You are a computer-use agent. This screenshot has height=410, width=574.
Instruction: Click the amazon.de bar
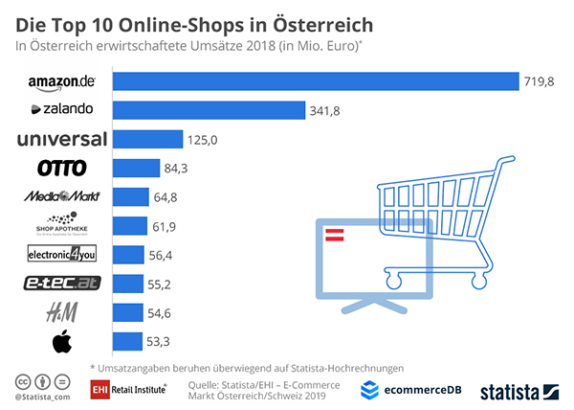(x=315, y=81)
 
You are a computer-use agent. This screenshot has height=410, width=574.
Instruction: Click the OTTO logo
(x=61, y=169)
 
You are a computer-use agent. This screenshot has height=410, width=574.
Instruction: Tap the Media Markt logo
(x=61, y=197)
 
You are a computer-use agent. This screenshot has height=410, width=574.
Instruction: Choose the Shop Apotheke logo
(x=61, y=226)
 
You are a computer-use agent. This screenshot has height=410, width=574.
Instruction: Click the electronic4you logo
(x=61, y=255)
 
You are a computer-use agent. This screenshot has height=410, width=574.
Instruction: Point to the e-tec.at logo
(x=61, y=284)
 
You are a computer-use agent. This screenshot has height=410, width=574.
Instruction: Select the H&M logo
(x=61, y=312)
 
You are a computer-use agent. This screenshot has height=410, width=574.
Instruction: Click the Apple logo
(x=61, y=341)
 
